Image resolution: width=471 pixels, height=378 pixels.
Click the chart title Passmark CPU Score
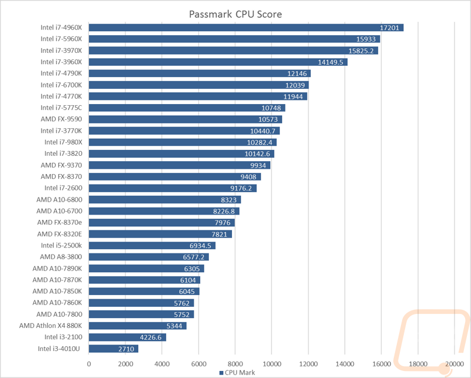[235, 14]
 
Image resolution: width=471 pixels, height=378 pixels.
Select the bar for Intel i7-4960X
[246, 28]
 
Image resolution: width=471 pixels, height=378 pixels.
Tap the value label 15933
[366, 39]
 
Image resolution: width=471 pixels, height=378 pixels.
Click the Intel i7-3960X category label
[61, 62]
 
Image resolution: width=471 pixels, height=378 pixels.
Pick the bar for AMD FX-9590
[185, 119]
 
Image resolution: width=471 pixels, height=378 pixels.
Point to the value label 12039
[295, 85]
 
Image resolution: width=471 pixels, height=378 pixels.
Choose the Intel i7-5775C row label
[61, 108]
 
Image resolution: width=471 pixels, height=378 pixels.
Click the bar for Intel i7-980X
[183, 142]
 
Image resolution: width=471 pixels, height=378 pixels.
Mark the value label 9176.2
[241, 188]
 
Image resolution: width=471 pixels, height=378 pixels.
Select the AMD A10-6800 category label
[59, 199]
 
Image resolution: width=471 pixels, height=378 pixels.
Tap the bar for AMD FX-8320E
[160, 234]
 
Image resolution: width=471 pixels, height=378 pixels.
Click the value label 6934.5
[200, 246]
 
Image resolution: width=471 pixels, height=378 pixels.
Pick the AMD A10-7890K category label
[57, 269]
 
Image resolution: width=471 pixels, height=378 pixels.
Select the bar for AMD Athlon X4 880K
[138, 326]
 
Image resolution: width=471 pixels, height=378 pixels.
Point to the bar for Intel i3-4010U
[114, 349]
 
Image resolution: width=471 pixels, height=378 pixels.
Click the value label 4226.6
[151, 337]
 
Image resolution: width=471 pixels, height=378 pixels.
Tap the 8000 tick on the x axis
[235, 364]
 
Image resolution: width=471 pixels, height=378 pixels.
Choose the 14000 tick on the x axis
[345, 364]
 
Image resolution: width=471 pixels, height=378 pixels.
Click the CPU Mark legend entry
[237, 373]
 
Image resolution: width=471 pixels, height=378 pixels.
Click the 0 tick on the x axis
[89, 364]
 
